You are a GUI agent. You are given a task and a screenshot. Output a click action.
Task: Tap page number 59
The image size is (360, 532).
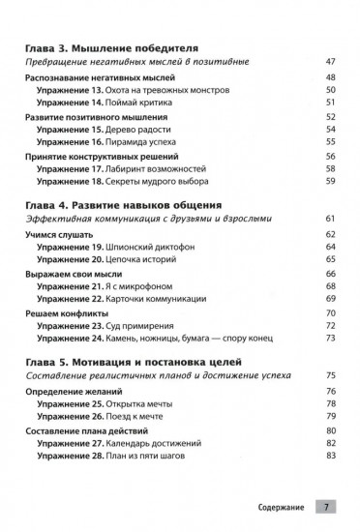click(331, 180)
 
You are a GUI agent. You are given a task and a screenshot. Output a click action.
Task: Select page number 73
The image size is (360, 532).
click(331, 339)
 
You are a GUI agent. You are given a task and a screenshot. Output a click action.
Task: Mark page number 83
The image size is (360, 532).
click(331, 457)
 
